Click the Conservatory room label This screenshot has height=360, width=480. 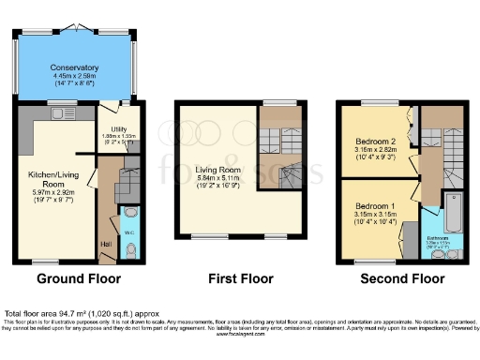coord(76,67)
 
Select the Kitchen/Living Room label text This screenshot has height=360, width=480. coord(53,178)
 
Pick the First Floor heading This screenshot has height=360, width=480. coord(241,278)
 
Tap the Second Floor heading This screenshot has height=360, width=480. coord(403,278)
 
